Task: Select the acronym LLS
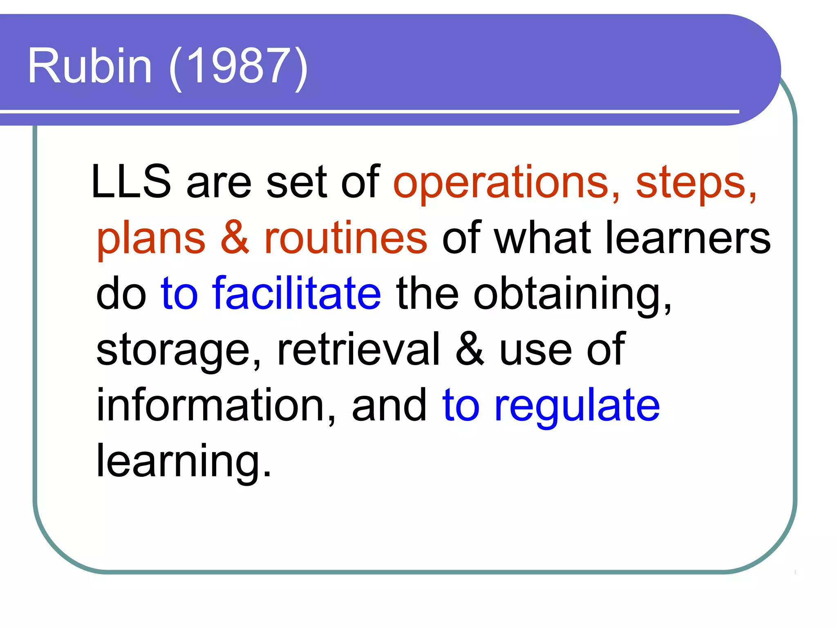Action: tap(131, 182)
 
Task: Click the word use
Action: tap(535, 351)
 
